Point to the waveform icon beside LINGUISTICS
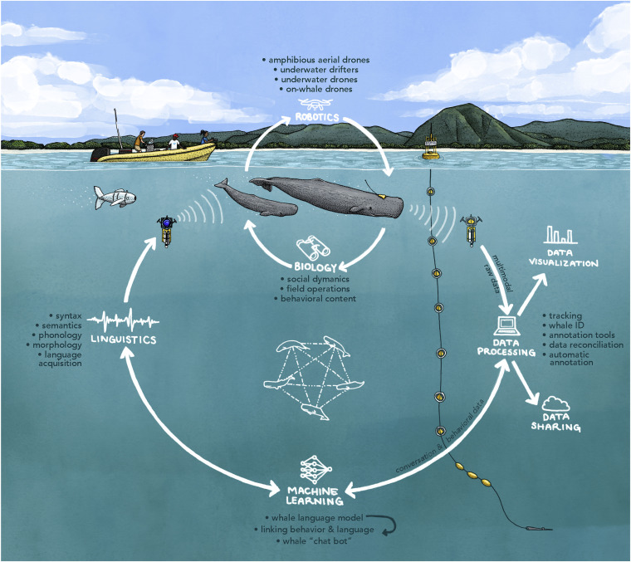(x=124, y=320)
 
